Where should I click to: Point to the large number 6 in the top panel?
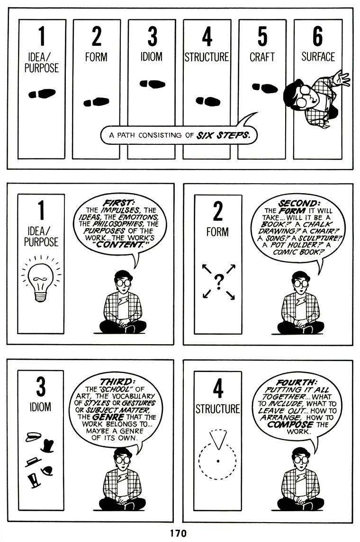[317, 36]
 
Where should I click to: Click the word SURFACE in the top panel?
[318, 57]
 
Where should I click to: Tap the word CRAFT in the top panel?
[262, 57]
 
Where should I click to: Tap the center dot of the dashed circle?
[217, 461]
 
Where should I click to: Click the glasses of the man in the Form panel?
[300, 283]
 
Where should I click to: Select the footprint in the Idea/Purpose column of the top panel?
[42, 94]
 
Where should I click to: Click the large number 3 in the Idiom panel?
[41, 386]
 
